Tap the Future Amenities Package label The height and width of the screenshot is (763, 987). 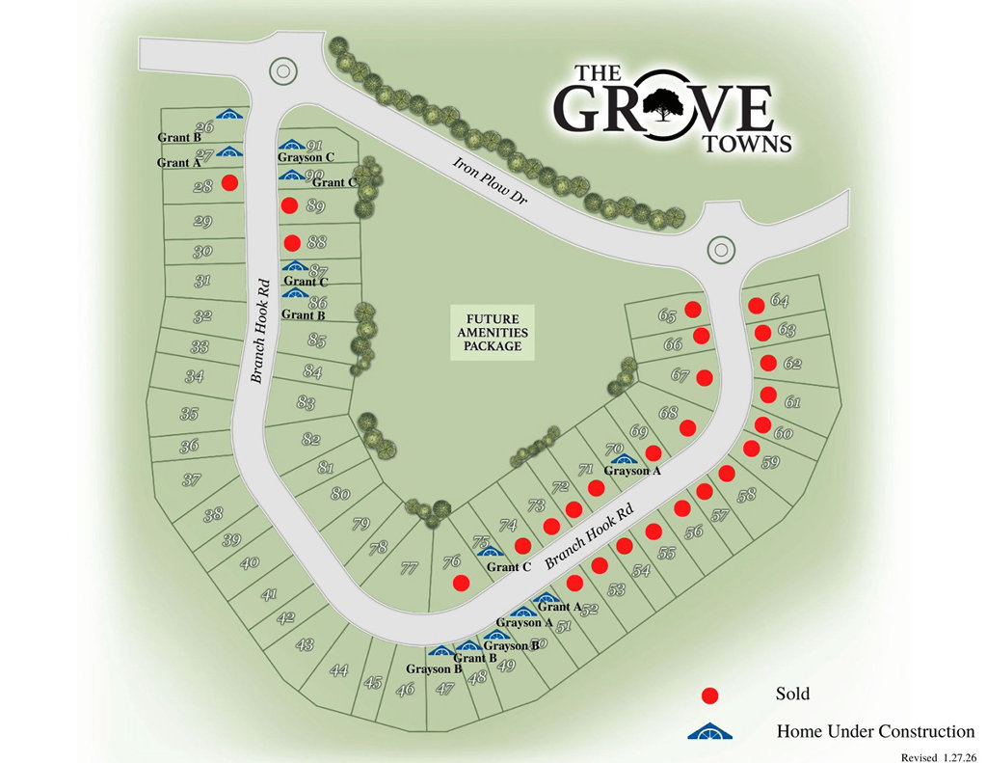tap(493, 332)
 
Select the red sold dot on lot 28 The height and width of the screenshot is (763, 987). tap(229, 182)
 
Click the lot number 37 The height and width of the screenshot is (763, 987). tap(191, 478)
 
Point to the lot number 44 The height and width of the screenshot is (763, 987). tap(338, 669)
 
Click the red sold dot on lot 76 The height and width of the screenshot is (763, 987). tap(461, 582)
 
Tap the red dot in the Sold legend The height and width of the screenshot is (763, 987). tap(710, 695)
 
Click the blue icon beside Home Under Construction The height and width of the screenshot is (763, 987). tap(710, 731)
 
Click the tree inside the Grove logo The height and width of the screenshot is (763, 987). tap(660, 105)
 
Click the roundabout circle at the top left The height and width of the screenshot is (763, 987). tap(281, 69)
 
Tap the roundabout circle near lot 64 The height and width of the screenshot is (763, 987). tap(720, 249)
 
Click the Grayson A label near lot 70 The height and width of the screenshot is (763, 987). tap(632, 471)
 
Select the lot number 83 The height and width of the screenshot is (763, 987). tap(307, 402)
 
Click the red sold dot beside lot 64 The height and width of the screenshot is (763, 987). tap(757, 305)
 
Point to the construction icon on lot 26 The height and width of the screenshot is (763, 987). tap(228, 115)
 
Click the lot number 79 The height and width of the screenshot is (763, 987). tap(360, 525)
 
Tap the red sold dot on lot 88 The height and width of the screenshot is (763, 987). tap(292, 242)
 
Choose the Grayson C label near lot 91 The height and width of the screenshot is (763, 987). tap(306, 157)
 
